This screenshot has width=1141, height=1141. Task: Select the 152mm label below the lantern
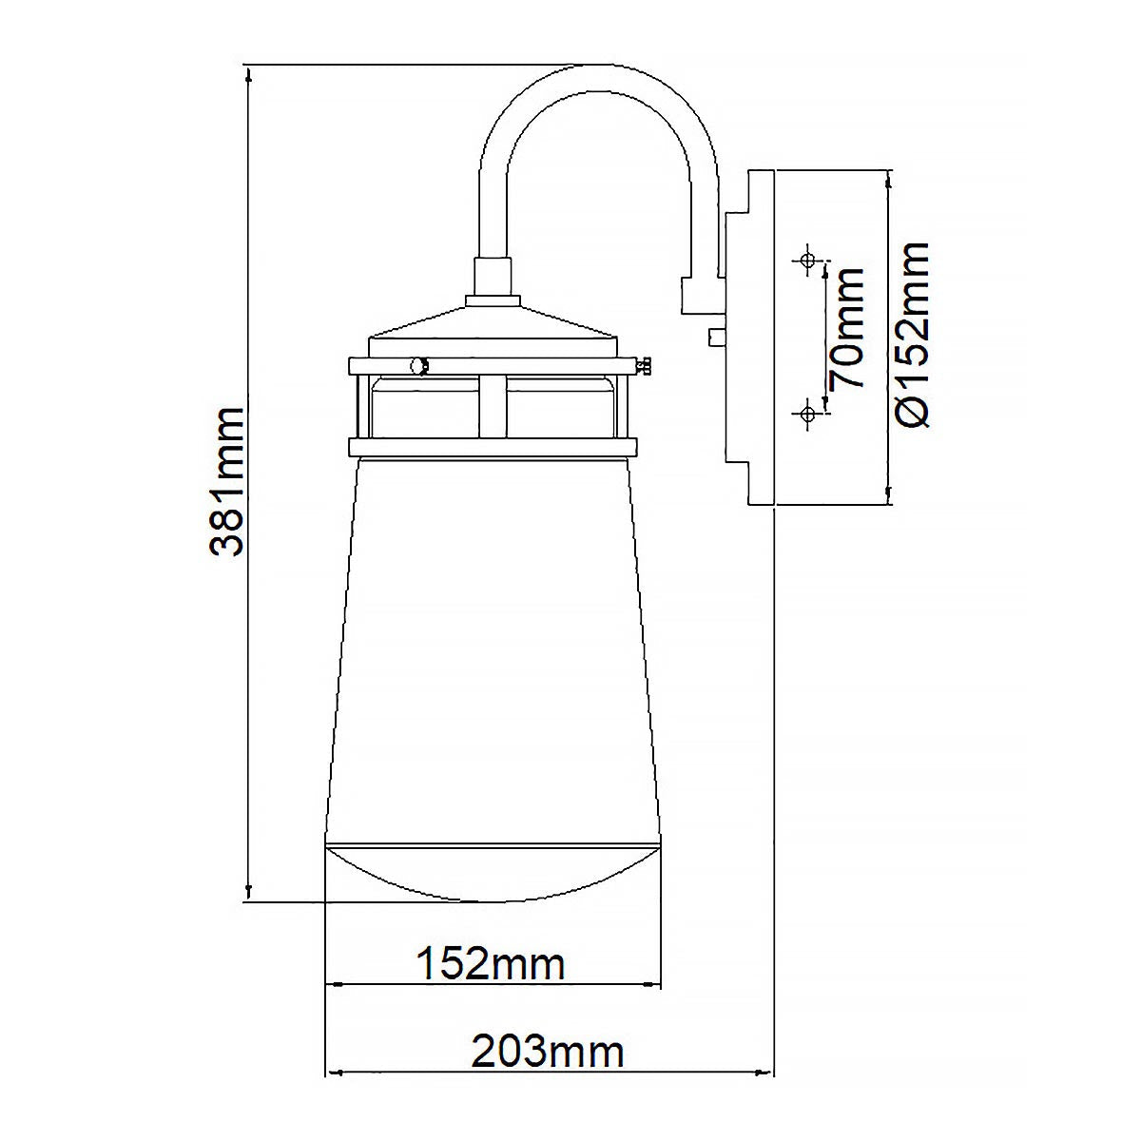[x=492, y=964]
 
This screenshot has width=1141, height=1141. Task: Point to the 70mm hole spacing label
[x=846, y=328]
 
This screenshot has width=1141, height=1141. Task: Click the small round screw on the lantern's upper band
[x=416, y=365]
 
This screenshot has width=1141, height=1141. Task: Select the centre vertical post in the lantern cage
[x=493, y=406]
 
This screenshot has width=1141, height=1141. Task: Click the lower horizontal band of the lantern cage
[x=493, y=447]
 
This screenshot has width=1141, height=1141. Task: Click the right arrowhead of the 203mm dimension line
[x=769, y=1073]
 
